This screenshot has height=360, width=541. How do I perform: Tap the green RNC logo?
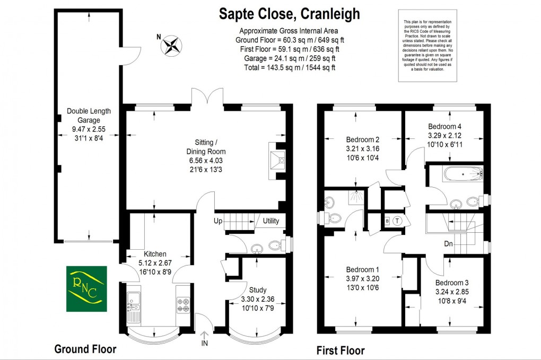(86, 288)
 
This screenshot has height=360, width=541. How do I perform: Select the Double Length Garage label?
(89, 115)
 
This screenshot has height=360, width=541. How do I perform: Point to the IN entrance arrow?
(204, 337)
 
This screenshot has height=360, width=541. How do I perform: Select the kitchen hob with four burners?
(183, 305)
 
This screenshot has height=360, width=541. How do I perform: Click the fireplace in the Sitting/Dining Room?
(278, 160)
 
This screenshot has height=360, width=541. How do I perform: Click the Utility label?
(270, 221)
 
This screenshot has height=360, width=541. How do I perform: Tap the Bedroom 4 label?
(444, 127)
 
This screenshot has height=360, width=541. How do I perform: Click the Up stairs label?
(218, 221)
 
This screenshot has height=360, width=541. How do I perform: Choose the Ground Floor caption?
(85, 349)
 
